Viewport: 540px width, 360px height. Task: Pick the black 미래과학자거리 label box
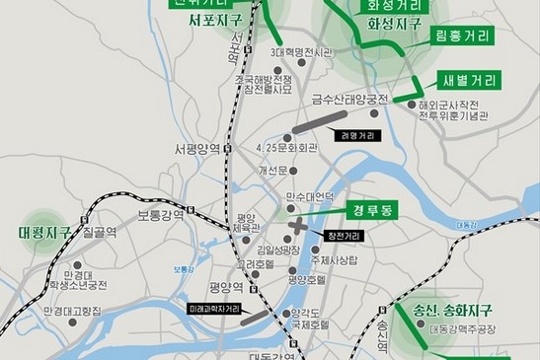(214, 310)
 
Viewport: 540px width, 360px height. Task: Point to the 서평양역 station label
(196, 150)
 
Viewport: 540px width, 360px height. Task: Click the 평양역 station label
(226, 288)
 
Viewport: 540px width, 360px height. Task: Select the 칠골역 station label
(100, 233)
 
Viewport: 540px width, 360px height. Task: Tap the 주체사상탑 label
(332, 260)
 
